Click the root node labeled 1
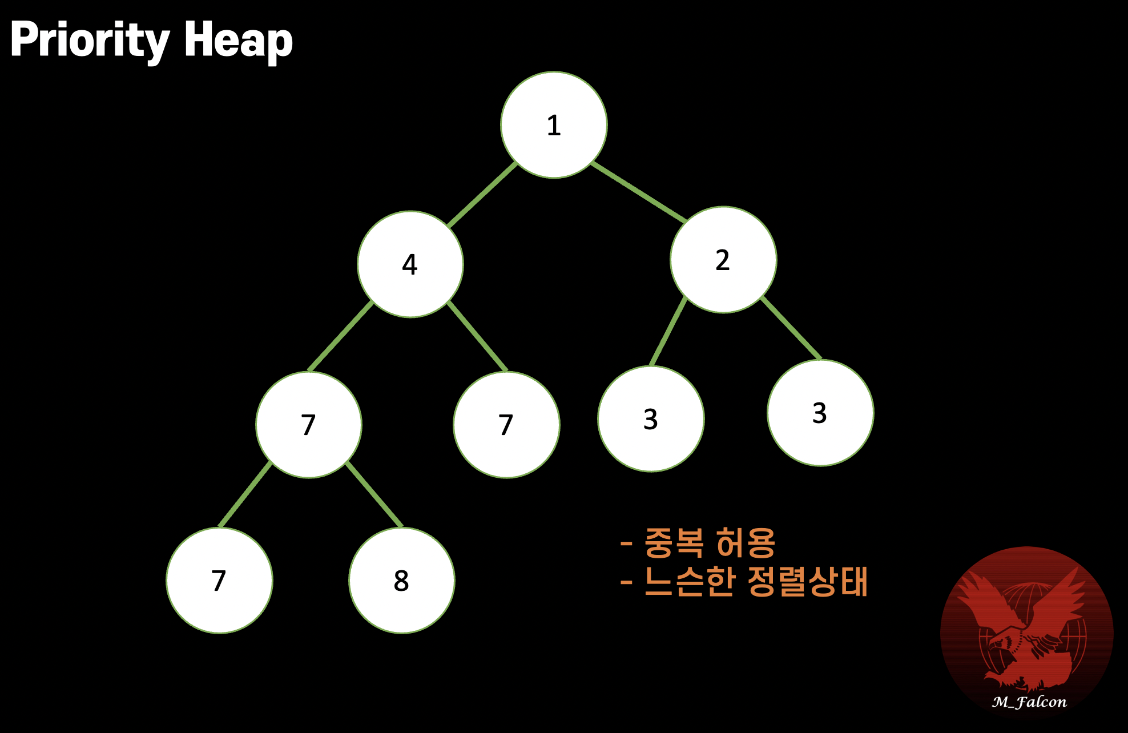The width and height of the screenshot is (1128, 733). point(554,125)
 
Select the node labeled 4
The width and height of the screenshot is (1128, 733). point(410,264)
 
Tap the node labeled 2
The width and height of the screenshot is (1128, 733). point(723,260)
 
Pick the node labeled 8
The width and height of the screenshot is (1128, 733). point(401,581)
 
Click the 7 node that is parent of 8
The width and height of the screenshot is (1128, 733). point(308,425)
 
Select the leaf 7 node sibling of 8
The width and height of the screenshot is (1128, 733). point(219,581)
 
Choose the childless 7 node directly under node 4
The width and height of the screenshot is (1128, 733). point(506,425)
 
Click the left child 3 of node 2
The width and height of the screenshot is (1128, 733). point(651,419)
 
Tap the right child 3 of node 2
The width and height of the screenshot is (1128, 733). point(820,413)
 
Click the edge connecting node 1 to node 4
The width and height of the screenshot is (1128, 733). point(482,195)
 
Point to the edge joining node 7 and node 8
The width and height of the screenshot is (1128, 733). point(374,494)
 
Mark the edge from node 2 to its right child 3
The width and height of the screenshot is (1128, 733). point(791,328)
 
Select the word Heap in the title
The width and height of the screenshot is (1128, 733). point(238,40)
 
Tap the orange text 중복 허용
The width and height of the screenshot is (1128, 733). point(710,542)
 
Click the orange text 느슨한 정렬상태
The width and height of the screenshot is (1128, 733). point(755,582)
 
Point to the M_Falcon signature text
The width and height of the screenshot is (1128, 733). point(1029,702)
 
